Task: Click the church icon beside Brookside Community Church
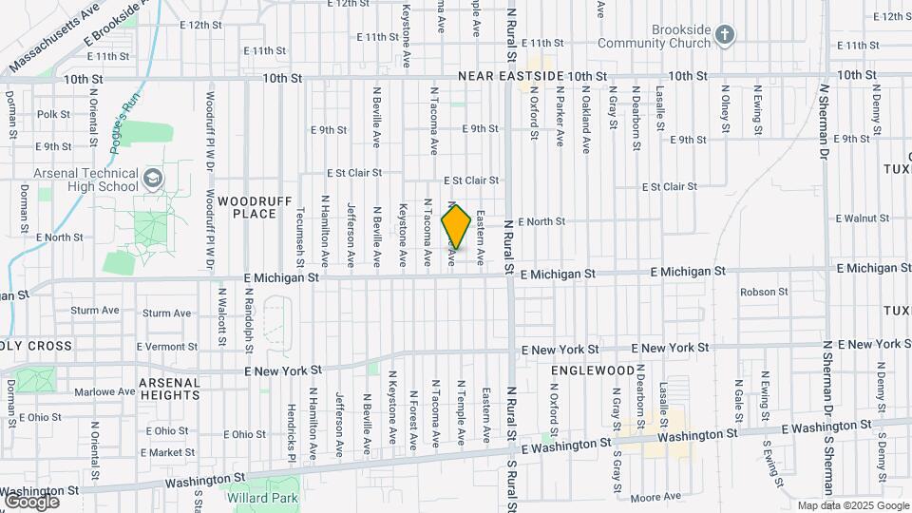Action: [725, 36]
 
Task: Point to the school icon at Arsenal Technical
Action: [152, 180]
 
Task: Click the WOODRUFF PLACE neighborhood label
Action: [246, 207]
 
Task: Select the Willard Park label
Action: [261, 497]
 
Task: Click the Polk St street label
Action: [53, 114]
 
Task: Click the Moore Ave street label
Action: [656, 496]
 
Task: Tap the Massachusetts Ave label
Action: [52, 40]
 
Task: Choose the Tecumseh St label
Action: [300, 237]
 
